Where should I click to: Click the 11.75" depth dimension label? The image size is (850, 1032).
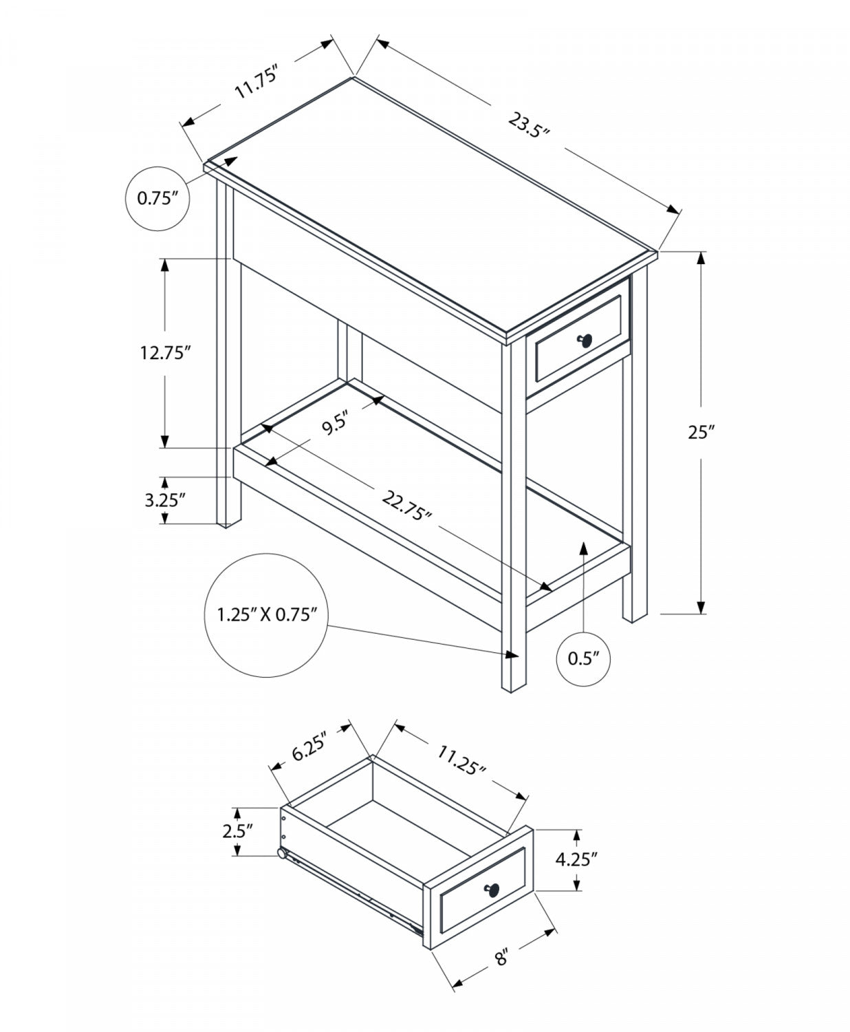tap(256, 82)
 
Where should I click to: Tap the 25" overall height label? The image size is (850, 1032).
tap(701, 433)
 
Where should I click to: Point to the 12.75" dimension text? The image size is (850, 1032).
tap(164, 353)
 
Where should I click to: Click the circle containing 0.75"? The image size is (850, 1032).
tap(157, 199)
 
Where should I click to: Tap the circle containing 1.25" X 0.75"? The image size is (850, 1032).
tap(267, 614)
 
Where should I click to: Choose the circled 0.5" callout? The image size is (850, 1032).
tap(582, 658)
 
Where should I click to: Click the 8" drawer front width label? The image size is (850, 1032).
tap(502, 957)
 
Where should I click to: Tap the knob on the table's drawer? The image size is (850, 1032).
tap(585, 340)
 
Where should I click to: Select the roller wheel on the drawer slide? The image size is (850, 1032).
tap(282, 854)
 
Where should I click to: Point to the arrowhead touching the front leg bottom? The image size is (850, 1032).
tap(512, 654)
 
